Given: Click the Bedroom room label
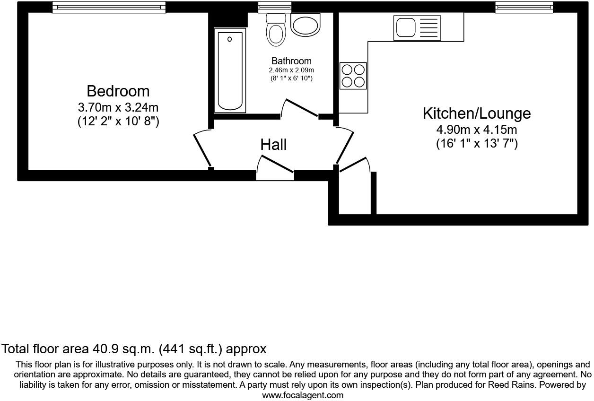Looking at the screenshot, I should (118, 91).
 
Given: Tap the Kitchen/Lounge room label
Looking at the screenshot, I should (476, 113).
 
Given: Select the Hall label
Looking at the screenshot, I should (273, 145).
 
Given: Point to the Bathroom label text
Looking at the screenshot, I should (291, 61).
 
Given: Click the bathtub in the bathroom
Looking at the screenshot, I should (230, 71).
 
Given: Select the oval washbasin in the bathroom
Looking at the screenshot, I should (306, 24).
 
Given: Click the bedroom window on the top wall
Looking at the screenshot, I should (109, 7).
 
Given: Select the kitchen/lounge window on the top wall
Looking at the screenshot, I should (524, 7).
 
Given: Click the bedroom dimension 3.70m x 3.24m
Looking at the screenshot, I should (118, 107).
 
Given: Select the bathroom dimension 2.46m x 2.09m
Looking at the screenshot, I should (291, 70).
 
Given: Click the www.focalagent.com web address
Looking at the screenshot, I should (303, 395).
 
